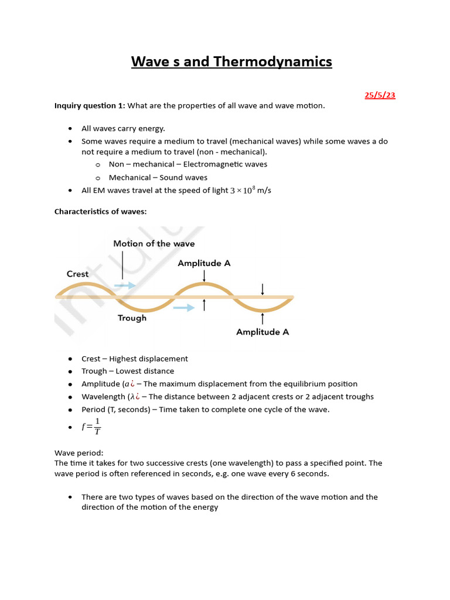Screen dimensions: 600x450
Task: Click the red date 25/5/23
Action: (x=380, y=95)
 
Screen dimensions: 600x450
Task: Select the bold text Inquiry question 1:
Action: (x=90, y=105)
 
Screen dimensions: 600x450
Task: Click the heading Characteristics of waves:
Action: (x=100, y=212)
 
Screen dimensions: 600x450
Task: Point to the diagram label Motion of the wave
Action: (x=154, y=244)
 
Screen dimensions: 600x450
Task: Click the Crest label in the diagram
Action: (x=77, y=274)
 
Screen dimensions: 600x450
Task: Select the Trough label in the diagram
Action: (x=132, y=318)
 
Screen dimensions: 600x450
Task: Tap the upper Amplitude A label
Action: (x=204, y=264)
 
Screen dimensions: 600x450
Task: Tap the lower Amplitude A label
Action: (x=262, y=332)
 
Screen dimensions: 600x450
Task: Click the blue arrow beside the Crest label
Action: (x=124, y=285)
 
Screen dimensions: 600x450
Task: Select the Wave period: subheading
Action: (x=79, y=453)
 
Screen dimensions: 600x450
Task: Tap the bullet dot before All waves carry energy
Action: (x=70, y=128)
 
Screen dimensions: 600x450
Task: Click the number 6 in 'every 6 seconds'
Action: (x=306, y=473)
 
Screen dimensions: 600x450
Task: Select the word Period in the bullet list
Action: (x=93, y=410)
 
